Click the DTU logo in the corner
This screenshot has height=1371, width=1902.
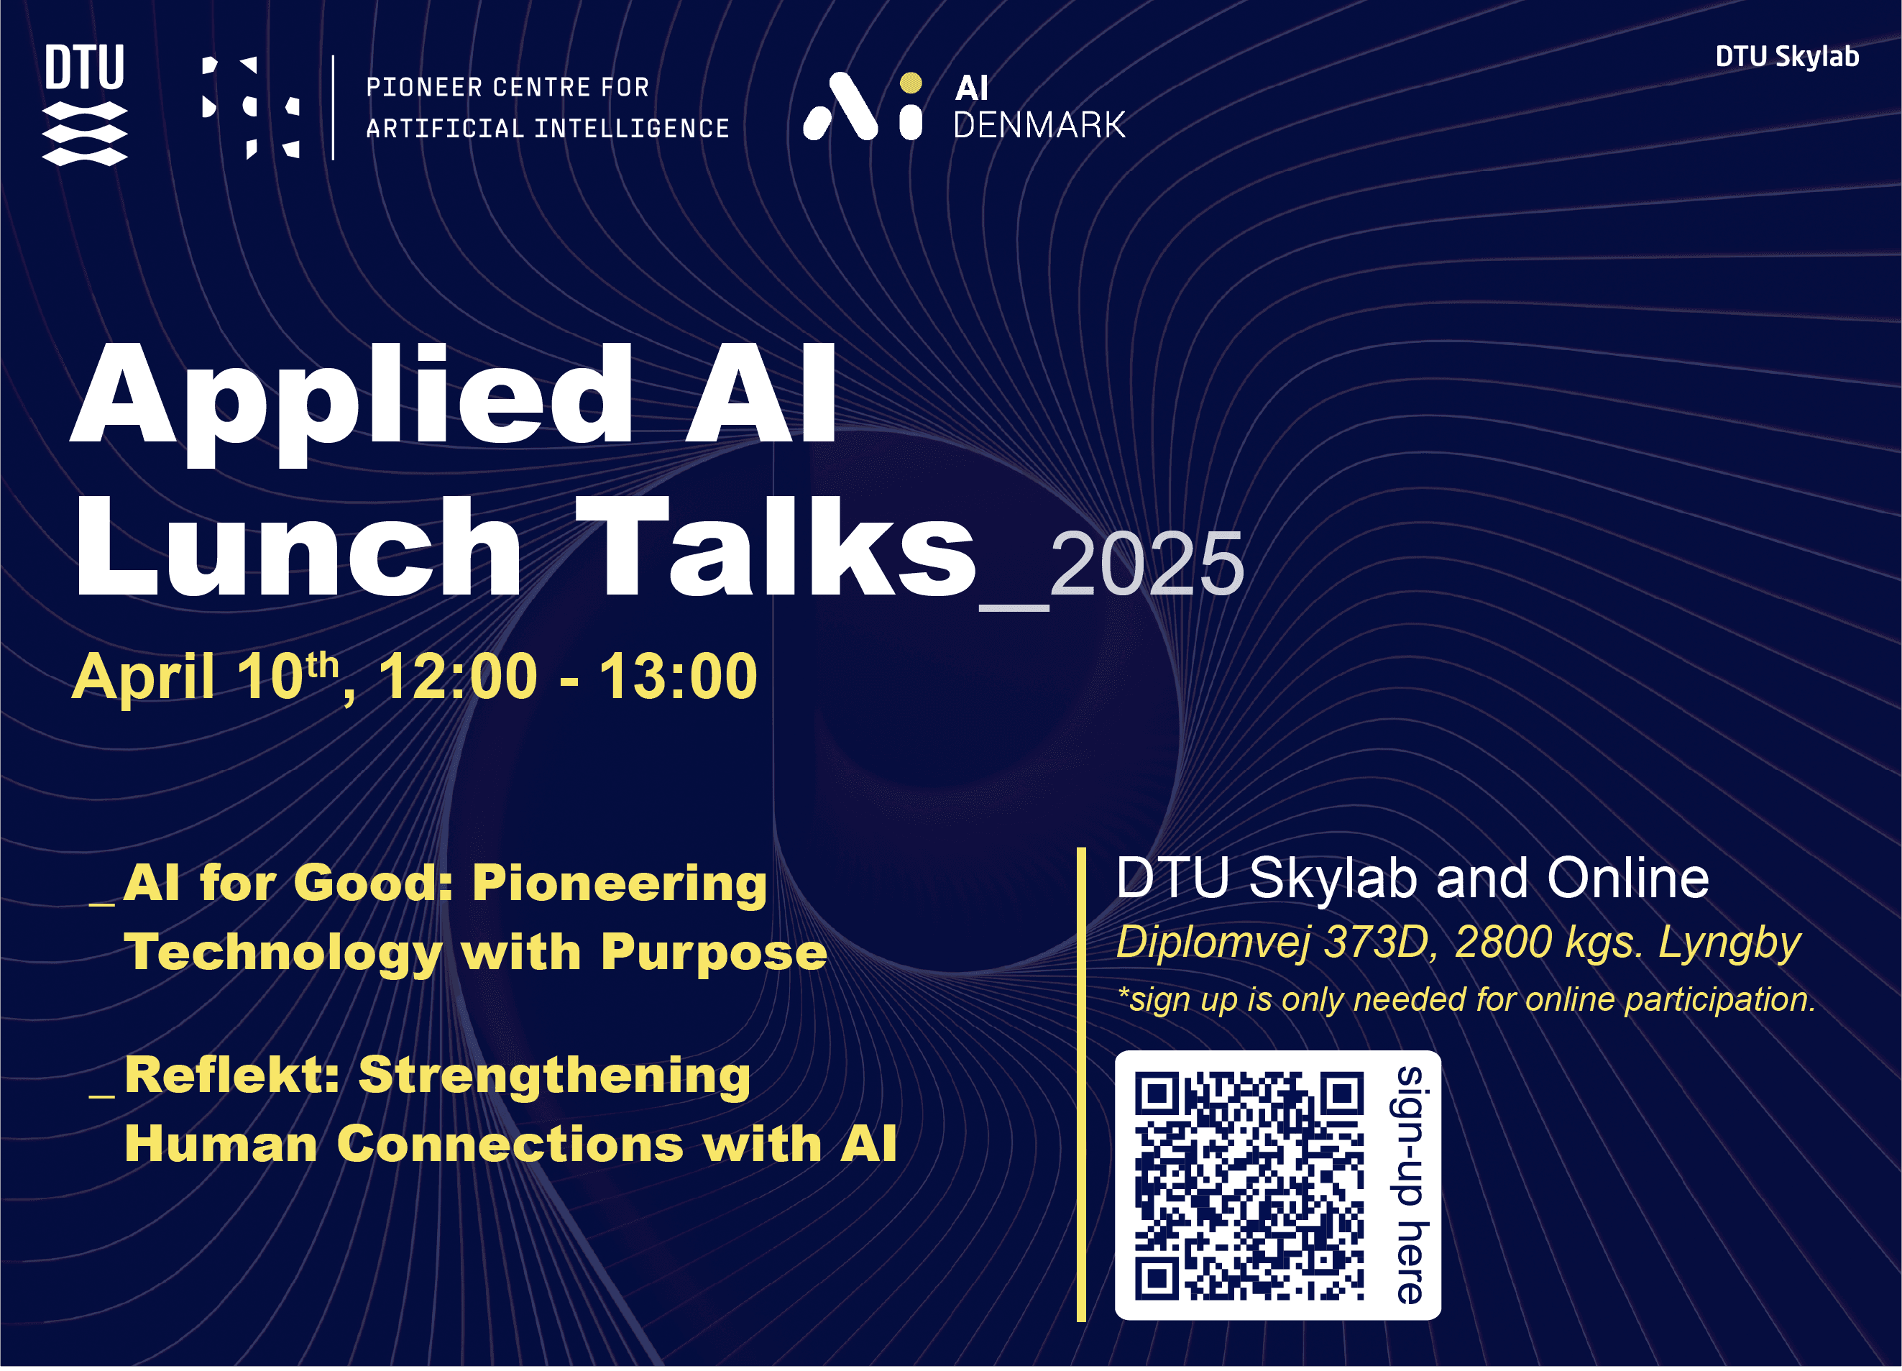[85, 105]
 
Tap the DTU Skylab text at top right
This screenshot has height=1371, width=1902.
[1787, 57]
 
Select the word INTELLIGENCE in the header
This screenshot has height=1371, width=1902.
[631, 128]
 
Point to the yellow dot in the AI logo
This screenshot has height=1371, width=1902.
[911, 83]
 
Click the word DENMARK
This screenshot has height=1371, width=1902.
[1039, 126]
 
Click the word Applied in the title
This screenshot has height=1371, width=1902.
[352, 403]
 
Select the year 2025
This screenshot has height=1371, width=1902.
[1147, 564]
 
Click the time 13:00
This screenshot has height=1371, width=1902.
[678, 676]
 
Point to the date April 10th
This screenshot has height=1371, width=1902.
[206, 676]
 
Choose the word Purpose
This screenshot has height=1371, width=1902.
[714, 954]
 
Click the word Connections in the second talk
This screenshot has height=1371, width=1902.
[510, 1145]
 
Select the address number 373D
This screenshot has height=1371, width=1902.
[1376, 942]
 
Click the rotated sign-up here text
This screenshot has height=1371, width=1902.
[1409, 1186]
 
